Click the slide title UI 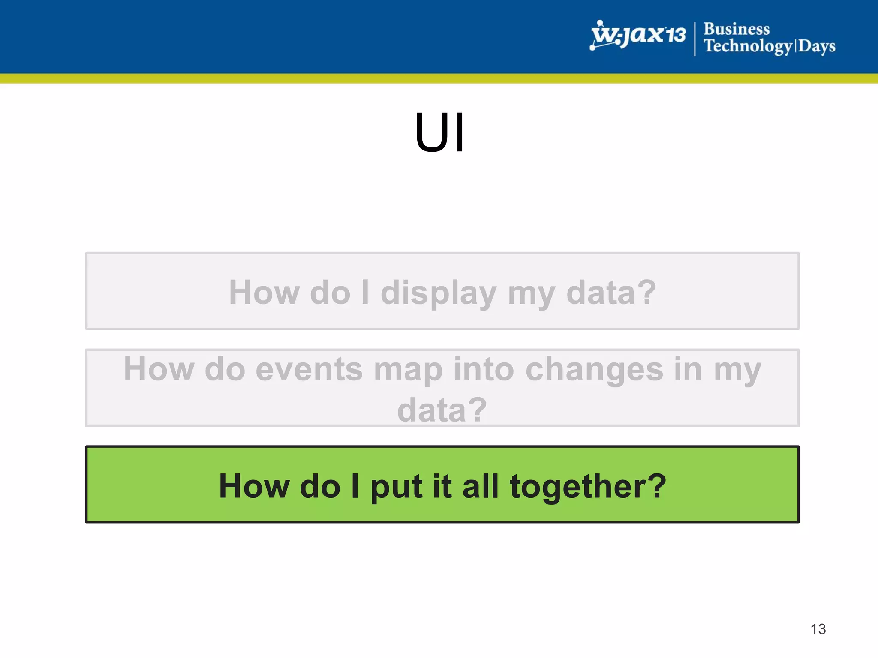[x=439, y=132]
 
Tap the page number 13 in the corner [x=818, y=629]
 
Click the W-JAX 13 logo [x=637, y=35]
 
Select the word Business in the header [x=737, y=29]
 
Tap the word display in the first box [x=438, y=293]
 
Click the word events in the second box [x=309, y=369]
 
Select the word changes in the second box [x=594, y=369]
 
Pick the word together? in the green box [x=588, y=487]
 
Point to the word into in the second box [x=484, y=369]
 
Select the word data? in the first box [x=611, y=293]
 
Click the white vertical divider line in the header [x=695, y=39]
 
